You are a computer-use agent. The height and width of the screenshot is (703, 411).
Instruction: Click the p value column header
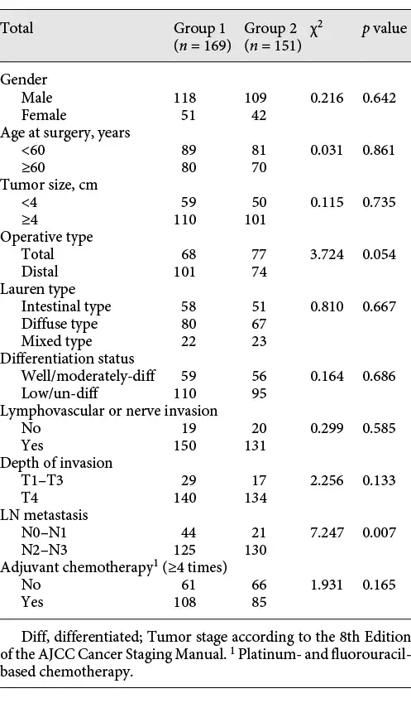point(385,29)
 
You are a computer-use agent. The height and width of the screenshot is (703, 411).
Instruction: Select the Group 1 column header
point(203,36)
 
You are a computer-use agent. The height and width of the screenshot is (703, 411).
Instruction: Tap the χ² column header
point(316,29)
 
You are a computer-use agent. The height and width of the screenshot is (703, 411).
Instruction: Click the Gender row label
point(23,79)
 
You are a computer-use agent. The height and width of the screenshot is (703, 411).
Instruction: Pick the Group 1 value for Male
point(185,97)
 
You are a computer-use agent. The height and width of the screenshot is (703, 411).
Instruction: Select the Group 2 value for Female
point(259,115)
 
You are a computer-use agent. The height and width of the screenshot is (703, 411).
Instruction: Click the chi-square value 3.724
point(327,254)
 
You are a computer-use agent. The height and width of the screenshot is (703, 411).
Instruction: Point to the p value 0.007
point(380,532)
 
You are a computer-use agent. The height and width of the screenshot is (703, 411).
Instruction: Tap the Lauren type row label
point(37,289)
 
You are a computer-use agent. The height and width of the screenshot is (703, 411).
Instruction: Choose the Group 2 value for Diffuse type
point(259,324)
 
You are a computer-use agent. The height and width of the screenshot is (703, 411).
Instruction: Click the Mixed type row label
point(56,341)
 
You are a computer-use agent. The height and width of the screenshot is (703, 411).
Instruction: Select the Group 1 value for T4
point(185,498)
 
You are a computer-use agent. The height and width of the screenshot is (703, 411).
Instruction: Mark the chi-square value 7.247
point(327,532)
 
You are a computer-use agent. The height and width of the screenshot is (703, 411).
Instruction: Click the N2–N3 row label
point(45,550)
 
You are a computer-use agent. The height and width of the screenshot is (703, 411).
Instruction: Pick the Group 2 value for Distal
point(259,272)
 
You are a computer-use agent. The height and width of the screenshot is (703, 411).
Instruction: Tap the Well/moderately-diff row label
point(88,376)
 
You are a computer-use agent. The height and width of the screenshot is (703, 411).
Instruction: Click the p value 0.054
point(380,254)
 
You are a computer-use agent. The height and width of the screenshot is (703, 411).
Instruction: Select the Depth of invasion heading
point(56,463)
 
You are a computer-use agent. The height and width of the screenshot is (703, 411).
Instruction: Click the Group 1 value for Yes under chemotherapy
point(185,602)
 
